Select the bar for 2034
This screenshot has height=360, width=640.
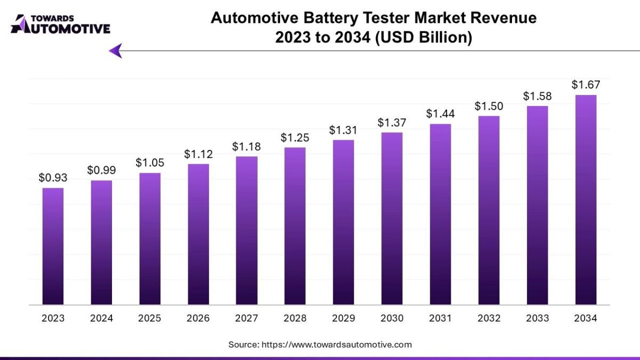[586, 200]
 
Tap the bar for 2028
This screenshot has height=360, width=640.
[295, 226]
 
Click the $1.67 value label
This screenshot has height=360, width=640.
[585, 85]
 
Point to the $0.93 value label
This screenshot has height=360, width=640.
[52, 178]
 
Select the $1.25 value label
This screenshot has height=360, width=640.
[295, 138]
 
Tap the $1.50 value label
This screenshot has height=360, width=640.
[489, 106]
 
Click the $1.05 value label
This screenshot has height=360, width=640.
[149, 163]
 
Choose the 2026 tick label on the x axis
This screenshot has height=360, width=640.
[198, 318]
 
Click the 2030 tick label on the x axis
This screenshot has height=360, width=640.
[391, 318]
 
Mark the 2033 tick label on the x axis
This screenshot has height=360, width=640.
[537, 318]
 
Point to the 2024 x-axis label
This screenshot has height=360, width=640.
[101, 318]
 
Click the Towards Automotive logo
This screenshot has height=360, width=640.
[60, 25]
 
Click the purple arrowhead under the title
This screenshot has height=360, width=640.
[116, 51]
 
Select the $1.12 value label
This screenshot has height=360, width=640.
[198, 154]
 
